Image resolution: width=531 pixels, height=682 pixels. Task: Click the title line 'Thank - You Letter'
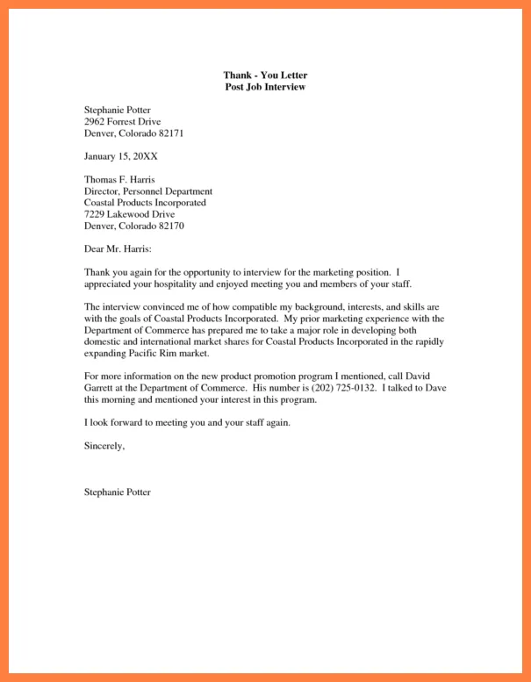[x=265, y=76]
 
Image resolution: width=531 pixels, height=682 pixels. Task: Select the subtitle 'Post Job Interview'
[x=265, y=88]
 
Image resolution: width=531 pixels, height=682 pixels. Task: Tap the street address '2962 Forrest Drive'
[x=122, y=121]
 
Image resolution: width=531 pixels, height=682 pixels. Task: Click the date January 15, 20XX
[x=121, y=156]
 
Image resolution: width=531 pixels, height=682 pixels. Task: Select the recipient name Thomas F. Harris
[x=119, y=179]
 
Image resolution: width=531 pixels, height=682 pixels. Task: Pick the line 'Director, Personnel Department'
[x=148, y=190]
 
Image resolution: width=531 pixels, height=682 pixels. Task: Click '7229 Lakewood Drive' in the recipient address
[x=129, y=214]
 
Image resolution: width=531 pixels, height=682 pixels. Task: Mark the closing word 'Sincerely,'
[x=104, y=446]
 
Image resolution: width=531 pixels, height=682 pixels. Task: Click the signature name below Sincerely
[x=118, y=492]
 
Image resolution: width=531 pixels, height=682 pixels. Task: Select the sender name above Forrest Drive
[x=118, y=110]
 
